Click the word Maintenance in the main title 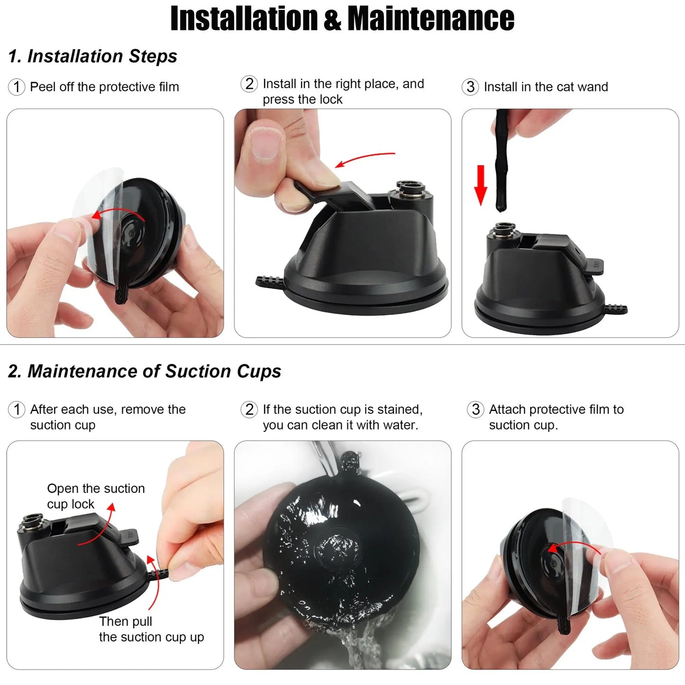pyautogui.click(x=431, y=18)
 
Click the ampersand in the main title pyautogui.click(x=332, y=19)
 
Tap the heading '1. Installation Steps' pyautogui.click(x=93, y=56)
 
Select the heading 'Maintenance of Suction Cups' pyautogui.click(x=154, y=372)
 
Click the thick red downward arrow pyautogui.click(x=481, y=185)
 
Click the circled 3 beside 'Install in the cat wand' pyautogui.click(x=470, y=87)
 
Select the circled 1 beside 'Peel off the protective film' pyautogui.click(x=17, y=87)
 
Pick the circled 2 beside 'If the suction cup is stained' pyautogui.click(x=249, y=410)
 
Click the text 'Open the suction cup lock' pyautogui.click(x=96, y=496)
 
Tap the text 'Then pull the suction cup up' pyautogui.click(x=151, y=629)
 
